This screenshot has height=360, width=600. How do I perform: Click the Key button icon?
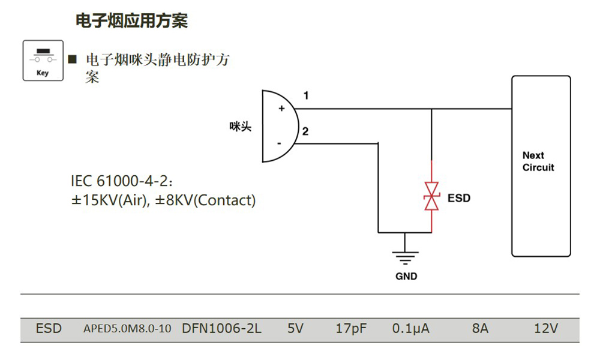pyautogui.click(x=43, y=61)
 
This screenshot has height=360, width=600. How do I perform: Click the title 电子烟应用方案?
pyautogui.click(x=131, y=21)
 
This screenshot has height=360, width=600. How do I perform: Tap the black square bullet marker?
pyautogui.click(x=73, y=59)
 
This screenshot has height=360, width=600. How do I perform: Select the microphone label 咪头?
pyautogui.click(x=241, y=126)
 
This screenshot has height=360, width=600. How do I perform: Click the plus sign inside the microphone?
pyautogui.click(x=281, y=109)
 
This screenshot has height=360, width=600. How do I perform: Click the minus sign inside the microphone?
pyautogui.click(x=279, y=143)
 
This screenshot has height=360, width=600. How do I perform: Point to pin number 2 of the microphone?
pyautogui.click(x=305, y=131)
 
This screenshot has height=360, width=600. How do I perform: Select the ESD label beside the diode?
pyautogui.click(x=459, y=198)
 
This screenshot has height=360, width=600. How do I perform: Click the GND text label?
pyautogui.click(x=406, y=277)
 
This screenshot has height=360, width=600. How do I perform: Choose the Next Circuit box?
pyautogui.click(x=540, y=166)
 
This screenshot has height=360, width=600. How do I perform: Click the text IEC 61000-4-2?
pyautogui.click(x=122, y=181)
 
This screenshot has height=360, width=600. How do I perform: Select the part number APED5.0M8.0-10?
pyautogui.click(x=127, y=329)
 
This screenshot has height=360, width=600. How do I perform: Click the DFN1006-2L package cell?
pyautogui.click(x=221, y=329)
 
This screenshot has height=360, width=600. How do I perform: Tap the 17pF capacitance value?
pyautogui.click(x=351, y=329)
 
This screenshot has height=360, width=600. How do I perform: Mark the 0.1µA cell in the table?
pyautogui.click(x=410, y=329)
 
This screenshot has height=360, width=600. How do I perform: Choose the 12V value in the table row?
pyautogui.click(x=546, y=329)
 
